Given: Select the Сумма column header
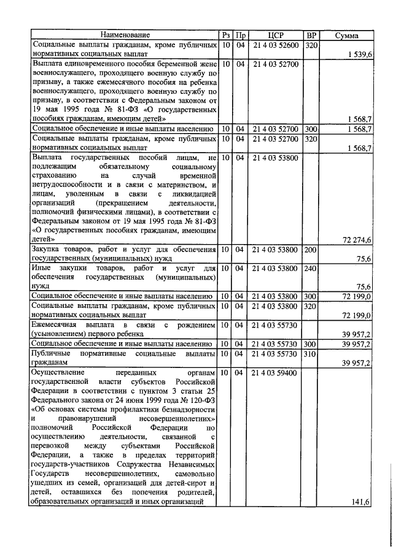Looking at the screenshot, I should click(x=346, y=36).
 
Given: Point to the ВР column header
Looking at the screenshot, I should click(x=311, y=36).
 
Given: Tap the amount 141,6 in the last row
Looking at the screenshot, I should click(x=359, y=502).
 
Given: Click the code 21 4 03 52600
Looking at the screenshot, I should click(x=276, y=45).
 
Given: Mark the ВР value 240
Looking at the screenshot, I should click(x=311, y=269).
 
